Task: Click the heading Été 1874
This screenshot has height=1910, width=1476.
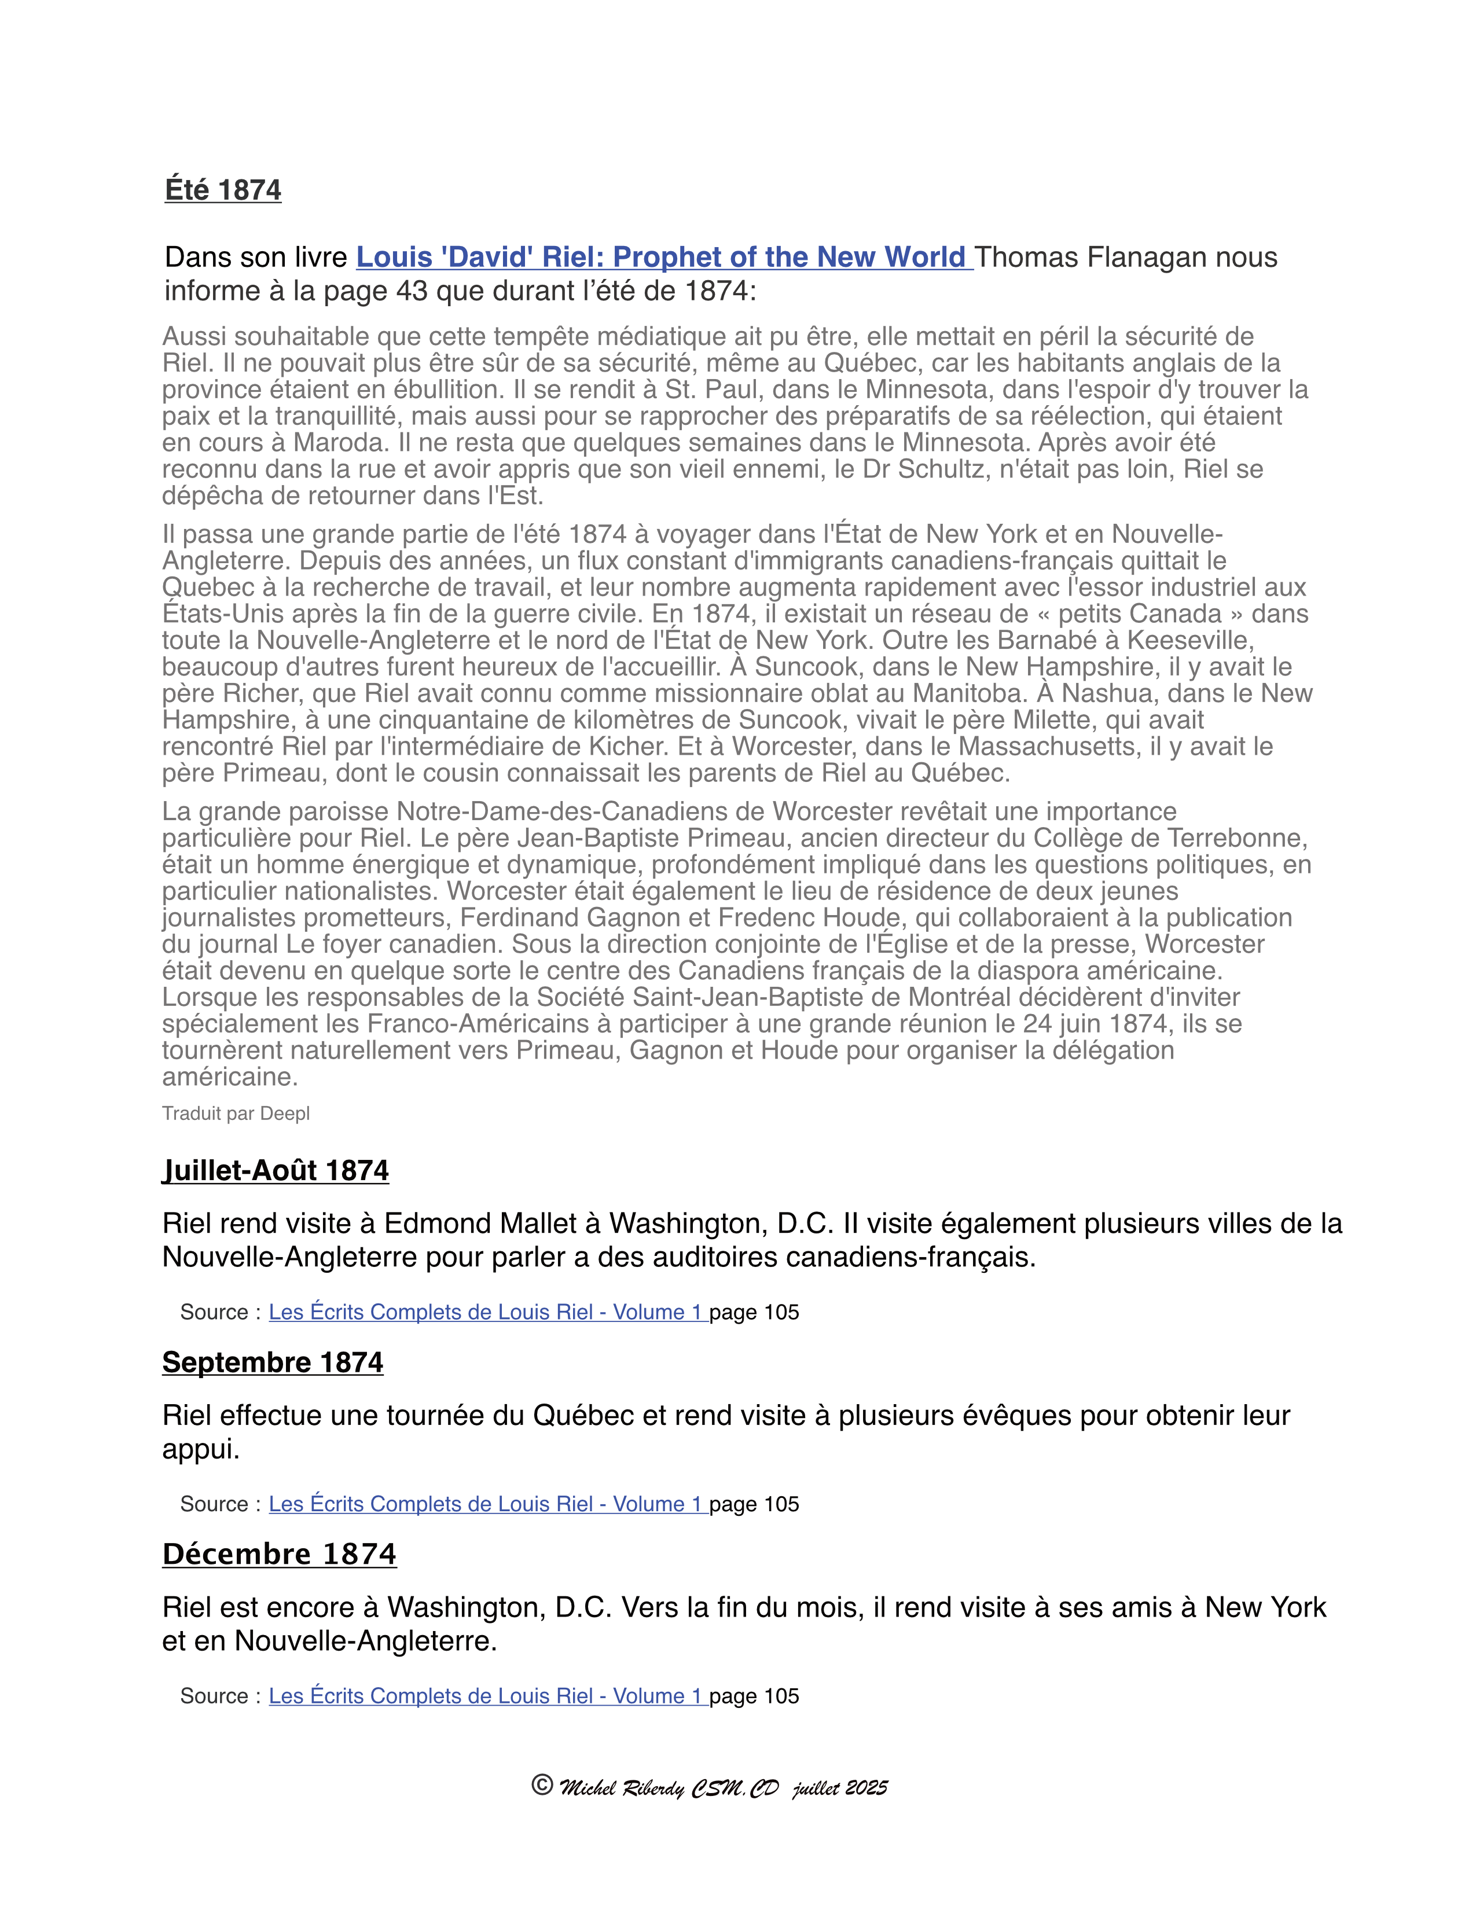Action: (x=223, y=190)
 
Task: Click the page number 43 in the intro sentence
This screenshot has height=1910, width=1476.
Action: (x=411, y=291)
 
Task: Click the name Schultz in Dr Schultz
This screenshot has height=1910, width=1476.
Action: (x=940, y=469)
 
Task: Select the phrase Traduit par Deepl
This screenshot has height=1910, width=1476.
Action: (x=236, y=1113)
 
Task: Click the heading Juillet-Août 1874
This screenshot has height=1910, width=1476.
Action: (x=276, y=1170)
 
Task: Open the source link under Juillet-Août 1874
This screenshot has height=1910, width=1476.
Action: (x=486, y=1312)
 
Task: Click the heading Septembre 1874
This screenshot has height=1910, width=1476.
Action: (x=273, y=1362)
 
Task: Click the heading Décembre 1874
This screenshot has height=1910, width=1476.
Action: (x=279, y=1554)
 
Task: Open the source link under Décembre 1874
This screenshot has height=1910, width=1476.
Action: (x=486, y=1696)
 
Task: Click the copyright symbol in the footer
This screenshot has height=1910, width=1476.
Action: (x=542, y=1785)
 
